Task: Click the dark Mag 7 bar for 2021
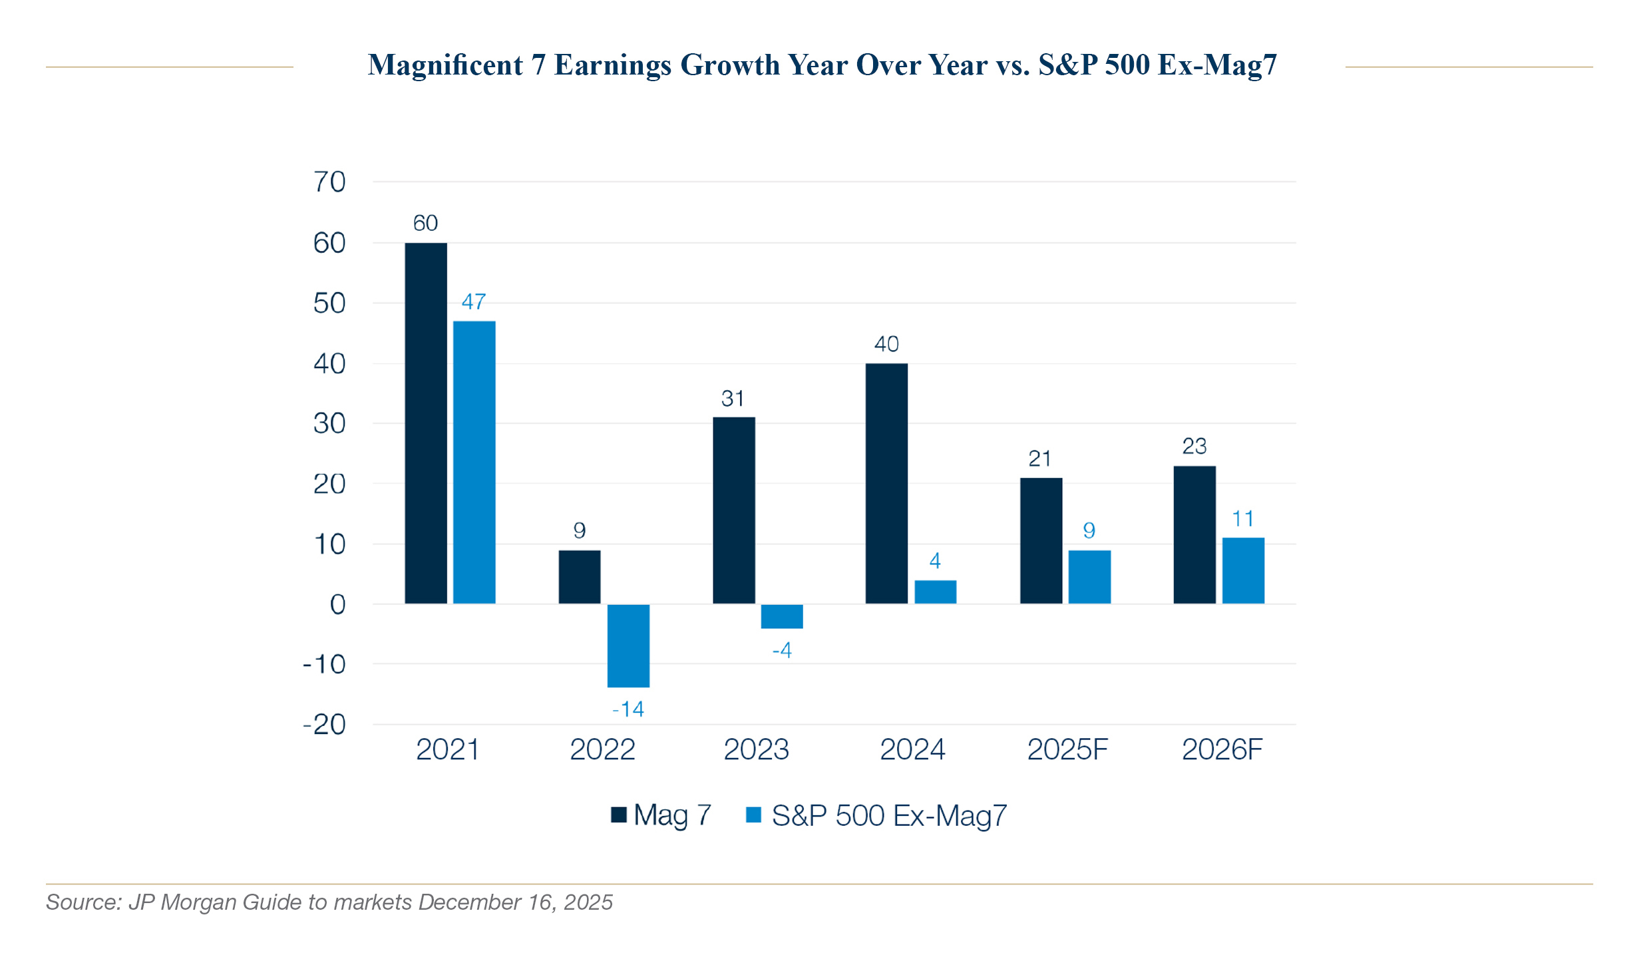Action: (426, 423)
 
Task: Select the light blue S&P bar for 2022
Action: (628, 645)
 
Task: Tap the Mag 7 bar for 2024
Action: (886, 483)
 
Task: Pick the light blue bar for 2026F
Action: (1243, 570)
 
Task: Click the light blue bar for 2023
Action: (782, 616)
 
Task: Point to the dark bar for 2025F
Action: (1041, 540)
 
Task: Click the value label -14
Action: (628, 709)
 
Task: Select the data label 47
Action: (474, 302)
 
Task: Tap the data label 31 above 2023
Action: (733, 399)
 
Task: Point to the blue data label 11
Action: (1243, 519)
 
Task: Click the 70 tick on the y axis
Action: (329, 182)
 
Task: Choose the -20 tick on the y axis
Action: (325, 725)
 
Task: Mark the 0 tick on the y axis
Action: (337, 604)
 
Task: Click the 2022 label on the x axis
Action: (602, 750)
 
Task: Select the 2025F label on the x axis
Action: (1067, 750)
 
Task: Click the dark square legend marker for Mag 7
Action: (619, 815)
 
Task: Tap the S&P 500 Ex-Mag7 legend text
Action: (889, 816)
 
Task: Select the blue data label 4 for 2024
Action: (935, 561)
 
